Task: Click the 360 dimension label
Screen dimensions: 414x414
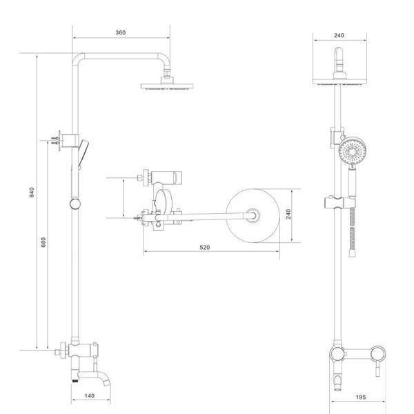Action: click(x=120, y=32)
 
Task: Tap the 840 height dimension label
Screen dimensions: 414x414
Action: click(x=32, y=193)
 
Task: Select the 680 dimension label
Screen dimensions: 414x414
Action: click(x=43, y=242)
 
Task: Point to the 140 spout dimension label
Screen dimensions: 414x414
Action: click(x=90, y=396)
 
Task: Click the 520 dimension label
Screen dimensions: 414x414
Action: click(x=205, y=248)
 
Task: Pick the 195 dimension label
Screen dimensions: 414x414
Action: click(x=361, y=397)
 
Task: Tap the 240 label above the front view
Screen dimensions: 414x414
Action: click(x=339, y=35)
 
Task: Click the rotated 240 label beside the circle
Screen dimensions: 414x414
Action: click(x=288, y=214)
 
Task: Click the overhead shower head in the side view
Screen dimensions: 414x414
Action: click(x=167, y=86)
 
